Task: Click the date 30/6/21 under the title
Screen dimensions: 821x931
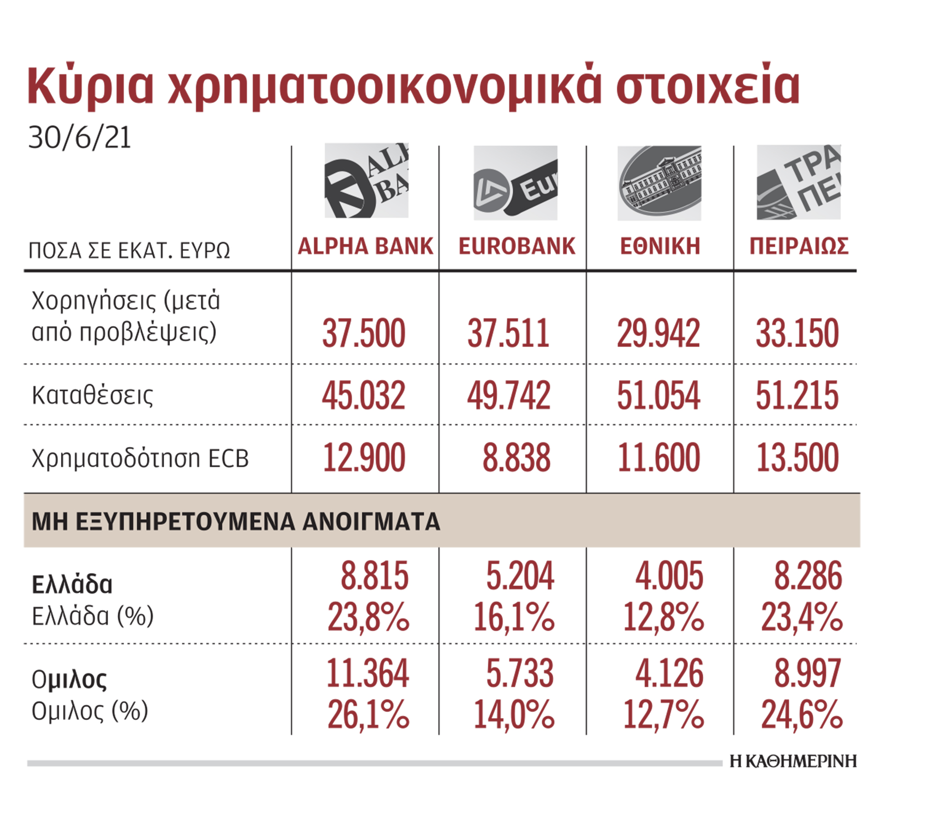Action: click(x=80, y=138)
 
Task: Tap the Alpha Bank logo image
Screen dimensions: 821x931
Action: click(x=366, y=181)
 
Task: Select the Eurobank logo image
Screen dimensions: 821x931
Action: click(x=515, y=183)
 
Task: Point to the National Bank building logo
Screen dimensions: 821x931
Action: click(x=659, y=183)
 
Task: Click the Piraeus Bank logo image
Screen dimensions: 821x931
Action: click(x=798, y=182)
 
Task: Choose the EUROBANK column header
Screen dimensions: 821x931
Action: click(x=516, y=246)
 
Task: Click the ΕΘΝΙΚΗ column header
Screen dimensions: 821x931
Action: click(x=660, y=246)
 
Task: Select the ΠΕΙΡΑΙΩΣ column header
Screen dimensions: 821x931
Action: click(x=799, y=246)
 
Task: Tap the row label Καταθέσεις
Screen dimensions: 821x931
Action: click(x=92, y=395)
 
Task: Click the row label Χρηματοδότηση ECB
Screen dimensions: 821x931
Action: click(x=140, y=458)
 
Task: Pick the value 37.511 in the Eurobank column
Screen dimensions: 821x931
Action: click(x=508, y=334)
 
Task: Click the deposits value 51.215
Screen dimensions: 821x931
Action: click(x=797, y=395)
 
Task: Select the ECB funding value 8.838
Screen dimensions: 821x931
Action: click(x=516, y=458)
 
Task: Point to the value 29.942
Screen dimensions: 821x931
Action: click(x=658, y=334)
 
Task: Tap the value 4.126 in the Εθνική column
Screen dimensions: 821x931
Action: click(x=669, y=673)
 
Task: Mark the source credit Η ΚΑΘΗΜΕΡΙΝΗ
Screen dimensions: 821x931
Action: click(x=792, y=761)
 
